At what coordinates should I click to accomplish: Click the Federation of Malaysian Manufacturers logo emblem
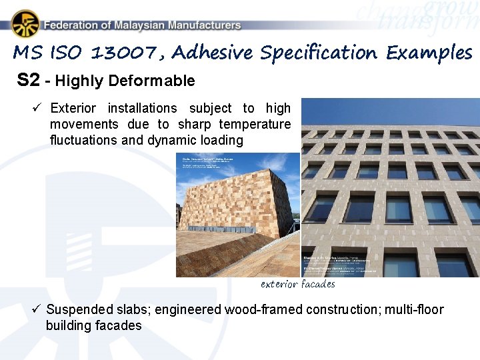[25, 24]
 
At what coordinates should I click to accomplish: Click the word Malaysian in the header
[131, 25]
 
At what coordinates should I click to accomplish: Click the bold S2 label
[29, 81]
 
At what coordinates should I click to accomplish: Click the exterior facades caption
[297, 284]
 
